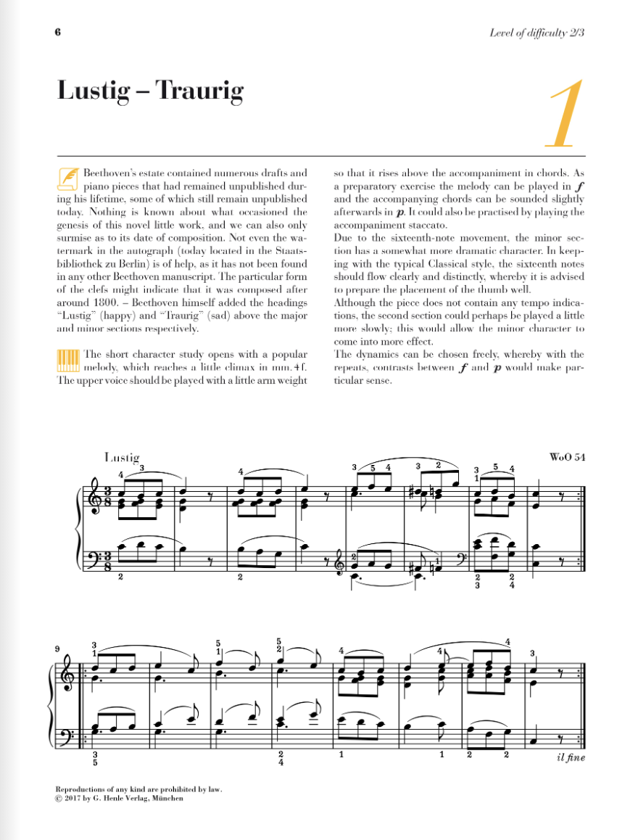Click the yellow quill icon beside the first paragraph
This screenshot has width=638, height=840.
coord(68,178)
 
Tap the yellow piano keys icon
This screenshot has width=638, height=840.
coord(68,361)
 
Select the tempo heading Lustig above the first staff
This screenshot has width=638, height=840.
coord(122,458)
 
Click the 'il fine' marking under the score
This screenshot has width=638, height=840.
coord(569,758)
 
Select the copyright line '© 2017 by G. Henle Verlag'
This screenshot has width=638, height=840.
coord(119,798)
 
